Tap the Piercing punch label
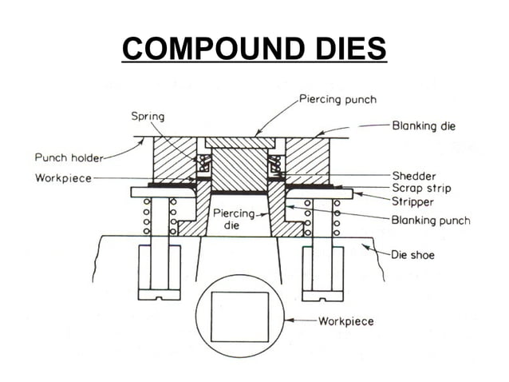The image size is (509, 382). click(x=337, y=99)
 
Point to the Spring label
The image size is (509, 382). click(x=148, y=117)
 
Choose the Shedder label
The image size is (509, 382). click(x=412, y=174)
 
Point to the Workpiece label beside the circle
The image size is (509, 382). click(x=345, y=321)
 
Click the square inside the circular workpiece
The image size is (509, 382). click(x=239, y=316)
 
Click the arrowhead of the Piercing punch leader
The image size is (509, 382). click(x=254, y=133)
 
